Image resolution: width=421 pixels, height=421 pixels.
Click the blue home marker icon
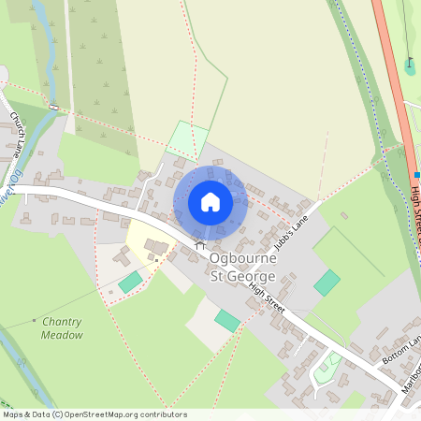(x=210, y=201)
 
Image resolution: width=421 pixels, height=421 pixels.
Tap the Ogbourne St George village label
(x=241, y=265)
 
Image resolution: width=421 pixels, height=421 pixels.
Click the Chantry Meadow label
(x=62, y=327)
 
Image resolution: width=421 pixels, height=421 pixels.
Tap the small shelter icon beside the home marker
(x=198, y=245)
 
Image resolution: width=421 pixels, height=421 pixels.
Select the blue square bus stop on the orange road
(x=417, y=174)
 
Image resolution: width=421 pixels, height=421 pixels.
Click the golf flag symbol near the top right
(x=410, y=64)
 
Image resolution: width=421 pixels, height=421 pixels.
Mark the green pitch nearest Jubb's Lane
(x=327, y=283)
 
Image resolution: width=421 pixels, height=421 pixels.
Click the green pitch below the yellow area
(x=130, y=281)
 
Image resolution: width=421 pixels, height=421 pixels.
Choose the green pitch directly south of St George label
(x=227, y=321)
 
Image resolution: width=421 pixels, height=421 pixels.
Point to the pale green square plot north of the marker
(x=187, y=139)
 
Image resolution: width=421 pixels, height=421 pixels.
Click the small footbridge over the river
(x=54, y=108)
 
